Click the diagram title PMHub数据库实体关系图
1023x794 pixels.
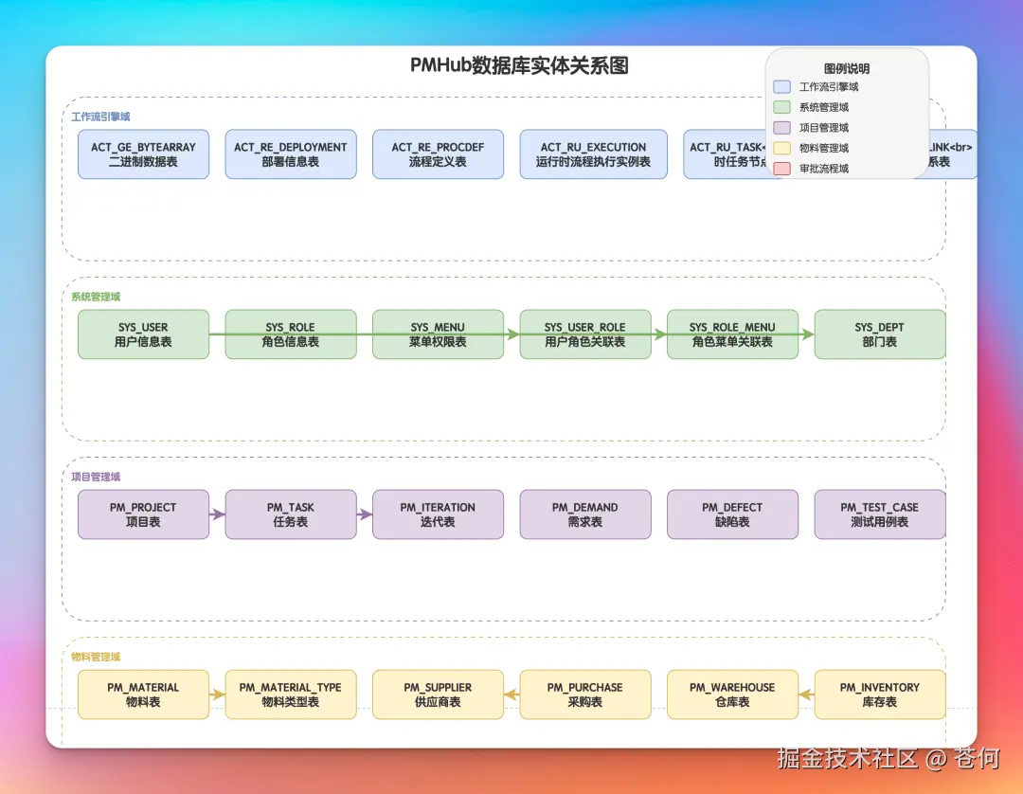click(519, 65)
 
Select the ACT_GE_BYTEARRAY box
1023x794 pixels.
click(143, 154)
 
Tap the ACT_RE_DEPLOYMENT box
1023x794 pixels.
click(291, 154)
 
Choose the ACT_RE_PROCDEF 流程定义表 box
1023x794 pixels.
click(438, 154)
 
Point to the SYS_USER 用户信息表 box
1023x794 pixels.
click(143, 334)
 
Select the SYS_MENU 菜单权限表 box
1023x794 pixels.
click(438, 334)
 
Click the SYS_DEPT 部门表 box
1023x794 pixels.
click(879, 334)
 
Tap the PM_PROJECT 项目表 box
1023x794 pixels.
click(143, 514)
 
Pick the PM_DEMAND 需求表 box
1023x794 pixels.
click(584, 514)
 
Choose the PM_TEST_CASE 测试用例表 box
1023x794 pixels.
click(879, 514)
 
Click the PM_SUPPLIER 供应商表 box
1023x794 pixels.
click(438, 695)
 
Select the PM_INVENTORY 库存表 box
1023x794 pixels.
click(879, 695)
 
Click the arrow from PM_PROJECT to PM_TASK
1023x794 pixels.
click(217, 514)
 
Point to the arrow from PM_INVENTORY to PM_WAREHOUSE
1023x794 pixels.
click(806, 695)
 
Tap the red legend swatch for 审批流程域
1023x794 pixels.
click(782, 169)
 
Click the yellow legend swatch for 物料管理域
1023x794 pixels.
click(782, 148)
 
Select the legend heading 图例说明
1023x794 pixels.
click(847, 68)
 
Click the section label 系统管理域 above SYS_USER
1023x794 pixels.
click(96, 297)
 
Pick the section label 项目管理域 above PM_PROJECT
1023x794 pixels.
click(96, 477)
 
